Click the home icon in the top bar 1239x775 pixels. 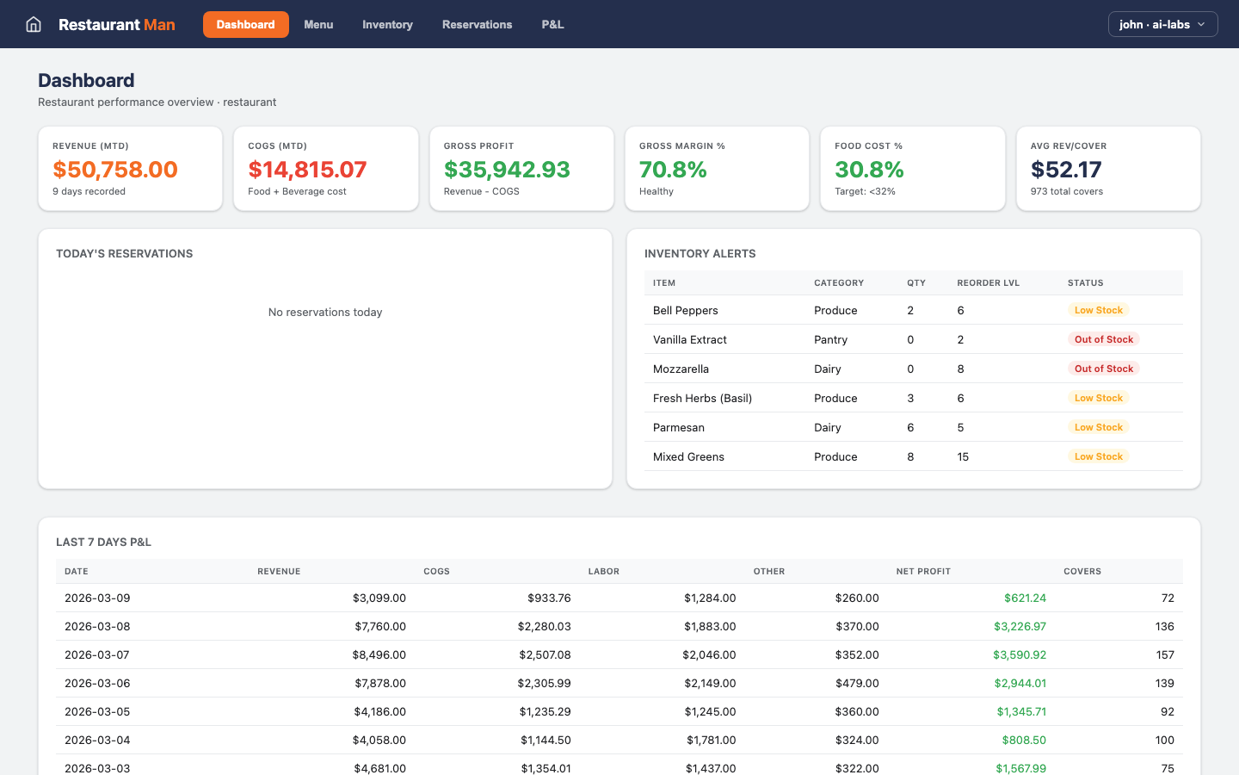[34, 24]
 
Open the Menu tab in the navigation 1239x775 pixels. [318, 24]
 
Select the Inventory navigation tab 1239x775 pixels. [387, 24]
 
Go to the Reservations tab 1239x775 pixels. [477, 24]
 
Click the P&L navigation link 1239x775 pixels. [552, 24]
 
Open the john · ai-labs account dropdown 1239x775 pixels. [1162, 24]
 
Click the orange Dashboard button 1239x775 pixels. [245, 24]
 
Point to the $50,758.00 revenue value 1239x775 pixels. [115, 170]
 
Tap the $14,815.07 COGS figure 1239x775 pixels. [307, 170]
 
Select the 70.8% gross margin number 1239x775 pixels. [673, 170]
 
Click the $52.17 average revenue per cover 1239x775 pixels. [1066, 170]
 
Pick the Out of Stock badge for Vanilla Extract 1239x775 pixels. [1103, 339]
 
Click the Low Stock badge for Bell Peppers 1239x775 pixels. [1098, 310]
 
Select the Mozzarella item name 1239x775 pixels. [681, 369]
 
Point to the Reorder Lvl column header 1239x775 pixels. [988, 282]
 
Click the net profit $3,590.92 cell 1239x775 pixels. [1020, 654]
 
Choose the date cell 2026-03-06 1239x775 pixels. [97, 683]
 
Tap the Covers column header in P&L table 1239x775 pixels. [1082, 571]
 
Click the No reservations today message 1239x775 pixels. [325, 312]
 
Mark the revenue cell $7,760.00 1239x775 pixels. [380, 626]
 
